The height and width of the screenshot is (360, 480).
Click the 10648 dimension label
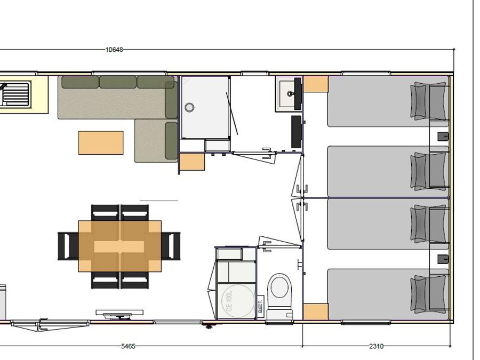click(114, 50)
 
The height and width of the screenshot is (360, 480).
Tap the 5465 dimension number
click(128, 346)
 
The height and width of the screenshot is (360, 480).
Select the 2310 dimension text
click(376, 346)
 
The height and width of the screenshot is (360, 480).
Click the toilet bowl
click(279, 286)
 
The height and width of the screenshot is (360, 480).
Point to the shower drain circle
click(189, 107)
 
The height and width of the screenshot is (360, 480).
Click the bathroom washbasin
click(289, 94)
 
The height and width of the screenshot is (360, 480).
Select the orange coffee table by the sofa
click(101, 142)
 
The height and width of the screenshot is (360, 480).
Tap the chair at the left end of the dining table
click(68, 246)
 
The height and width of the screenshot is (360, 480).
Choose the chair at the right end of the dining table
click(171, 246)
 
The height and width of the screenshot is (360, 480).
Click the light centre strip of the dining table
click(119, 247)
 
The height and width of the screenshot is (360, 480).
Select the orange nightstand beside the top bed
click(316, 84)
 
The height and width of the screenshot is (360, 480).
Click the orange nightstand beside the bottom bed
click(316, 312)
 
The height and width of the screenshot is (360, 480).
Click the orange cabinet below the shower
click(192, 162)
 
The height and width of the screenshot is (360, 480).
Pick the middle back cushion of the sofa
click(118, 82)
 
